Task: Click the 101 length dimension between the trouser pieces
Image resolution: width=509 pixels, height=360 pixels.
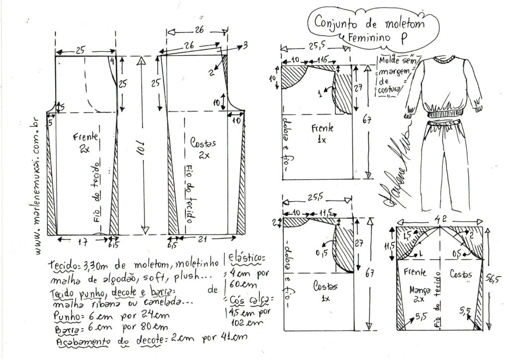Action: click(x=141, y=147)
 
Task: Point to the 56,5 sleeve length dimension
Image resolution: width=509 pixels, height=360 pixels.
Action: click(x=500, y=280)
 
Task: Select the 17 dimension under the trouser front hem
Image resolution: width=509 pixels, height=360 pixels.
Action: click(x=85, y=241)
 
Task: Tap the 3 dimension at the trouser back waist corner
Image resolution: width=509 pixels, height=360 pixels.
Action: click(x=245, y=47)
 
